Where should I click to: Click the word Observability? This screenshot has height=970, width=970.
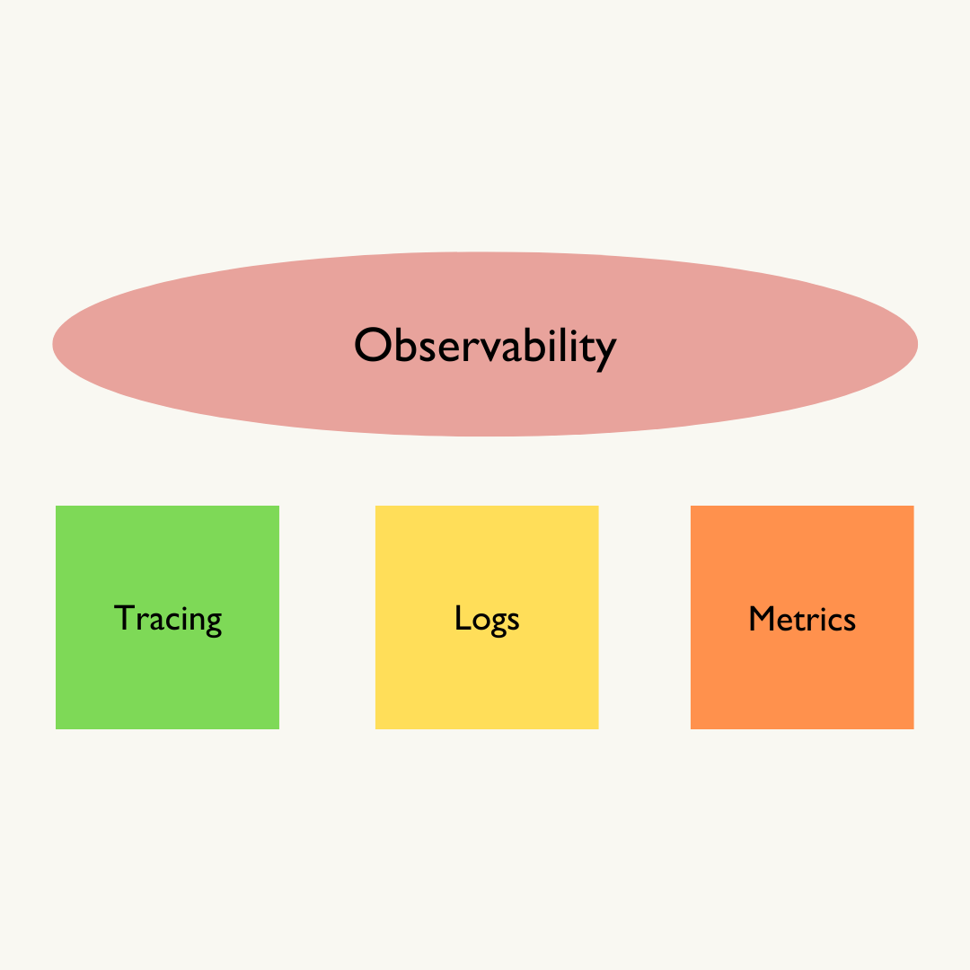[x=485, y=346]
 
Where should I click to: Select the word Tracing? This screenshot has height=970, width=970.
[x=167, y=619]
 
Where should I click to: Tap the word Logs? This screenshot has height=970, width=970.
[x=487, y=619]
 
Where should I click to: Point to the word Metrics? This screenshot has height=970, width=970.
[x=802, y=619]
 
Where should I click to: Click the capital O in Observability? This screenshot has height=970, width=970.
[x=372, y=346]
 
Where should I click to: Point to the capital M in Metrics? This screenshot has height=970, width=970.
[x=762, y=618]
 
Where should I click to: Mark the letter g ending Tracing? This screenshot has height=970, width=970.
[x=212, y=623]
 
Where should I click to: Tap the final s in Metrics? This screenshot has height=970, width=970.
[x=850, y=622]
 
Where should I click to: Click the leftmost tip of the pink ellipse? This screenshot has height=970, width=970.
[x=53, y=344]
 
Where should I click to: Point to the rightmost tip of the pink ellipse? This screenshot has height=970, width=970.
[x=917, y=344]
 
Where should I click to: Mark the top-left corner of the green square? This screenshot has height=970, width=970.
[x=57, y=507]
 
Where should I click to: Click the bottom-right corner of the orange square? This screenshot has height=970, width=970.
[x=913, y=727]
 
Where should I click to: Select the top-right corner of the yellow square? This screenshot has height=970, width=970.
[x=597, y=507]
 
